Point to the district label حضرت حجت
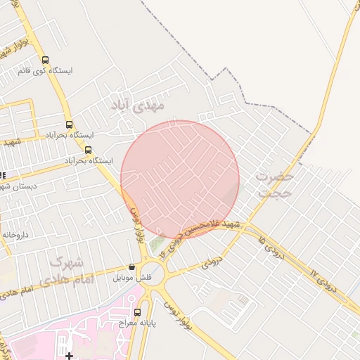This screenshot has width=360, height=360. pyautogui.click(x=274, y=184)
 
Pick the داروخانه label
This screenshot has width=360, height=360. pyautogui.click(x=14, y=234)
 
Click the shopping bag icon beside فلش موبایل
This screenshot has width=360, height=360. pyautogui.click(x=131, y=267)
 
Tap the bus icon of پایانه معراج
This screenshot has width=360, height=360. pyautogui.click(x=137, y=311)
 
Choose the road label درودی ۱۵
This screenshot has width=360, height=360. pyautogui.click(x=271, y=248)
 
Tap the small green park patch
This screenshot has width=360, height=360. pyautogui.click(x=156, y=243)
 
